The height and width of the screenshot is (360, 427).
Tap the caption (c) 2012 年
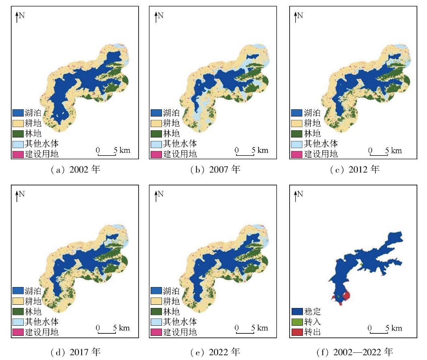pyautogui.click(x=354, y=170)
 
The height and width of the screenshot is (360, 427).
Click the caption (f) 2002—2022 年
pyautogui.click(x=354, y=352)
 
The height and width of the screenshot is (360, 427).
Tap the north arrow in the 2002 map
pyautogui.click(x=17, y=17)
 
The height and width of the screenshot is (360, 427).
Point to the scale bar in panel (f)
pyautogui.click(x=378, y=333)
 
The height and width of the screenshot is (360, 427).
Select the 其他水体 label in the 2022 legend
pyautogui.click(x=180, y=322)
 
